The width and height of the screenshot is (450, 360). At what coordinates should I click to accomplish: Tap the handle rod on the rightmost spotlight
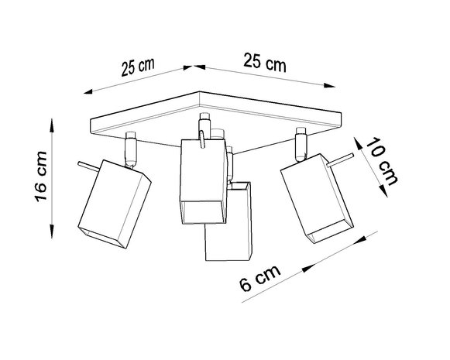click(339, 163)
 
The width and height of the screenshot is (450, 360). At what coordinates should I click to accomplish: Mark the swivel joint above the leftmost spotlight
click(131, 150)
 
